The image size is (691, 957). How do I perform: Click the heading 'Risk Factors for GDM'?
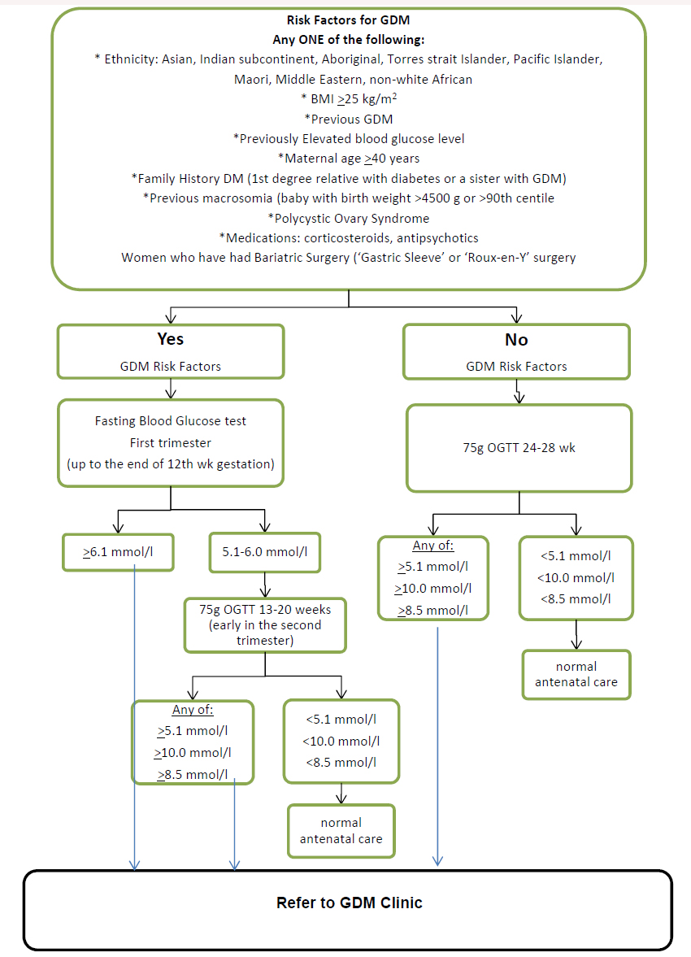click(349, 21)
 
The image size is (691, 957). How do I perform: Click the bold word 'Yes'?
click(171, 340)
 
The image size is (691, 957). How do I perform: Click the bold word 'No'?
click(516, 340)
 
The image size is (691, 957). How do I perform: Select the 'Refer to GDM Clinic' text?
click(349, 903)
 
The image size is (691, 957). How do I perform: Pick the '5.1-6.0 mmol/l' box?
click(265, 553)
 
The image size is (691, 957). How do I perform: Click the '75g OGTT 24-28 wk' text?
click(519, 448)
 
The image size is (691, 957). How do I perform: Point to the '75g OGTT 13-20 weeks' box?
click(265, 624)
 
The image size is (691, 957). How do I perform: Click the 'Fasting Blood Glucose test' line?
click(171, 421)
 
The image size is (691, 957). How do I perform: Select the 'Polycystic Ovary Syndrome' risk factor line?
click(349, 218)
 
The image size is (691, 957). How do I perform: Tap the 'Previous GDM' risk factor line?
click(349, 119)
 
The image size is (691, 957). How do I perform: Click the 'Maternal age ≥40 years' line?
click(349, 159)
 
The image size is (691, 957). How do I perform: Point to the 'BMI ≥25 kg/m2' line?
click(349, 99)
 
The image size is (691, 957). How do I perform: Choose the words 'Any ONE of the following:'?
click(349, 40)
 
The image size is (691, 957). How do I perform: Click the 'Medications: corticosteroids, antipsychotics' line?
click(349, 237)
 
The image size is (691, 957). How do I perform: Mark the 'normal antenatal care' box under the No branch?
click(576, 674)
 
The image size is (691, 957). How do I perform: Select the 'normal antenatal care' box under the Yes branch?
click(341, 830)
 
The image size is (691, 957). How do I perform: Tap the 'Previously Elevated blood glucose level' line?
click(349, 139)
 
